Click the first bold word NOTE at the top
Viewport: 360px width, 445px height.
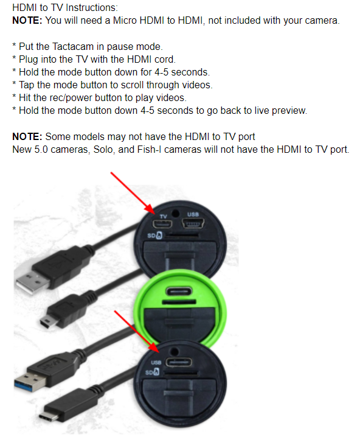[x=27, y=21]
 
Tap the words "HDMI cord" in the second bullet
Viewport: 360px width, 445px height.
[x=153, y=59]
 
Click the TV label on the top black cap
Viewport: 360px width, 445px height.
[x=163, y=215]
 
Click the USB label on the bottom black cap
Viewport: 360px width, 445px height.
[x=154, y=363]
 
